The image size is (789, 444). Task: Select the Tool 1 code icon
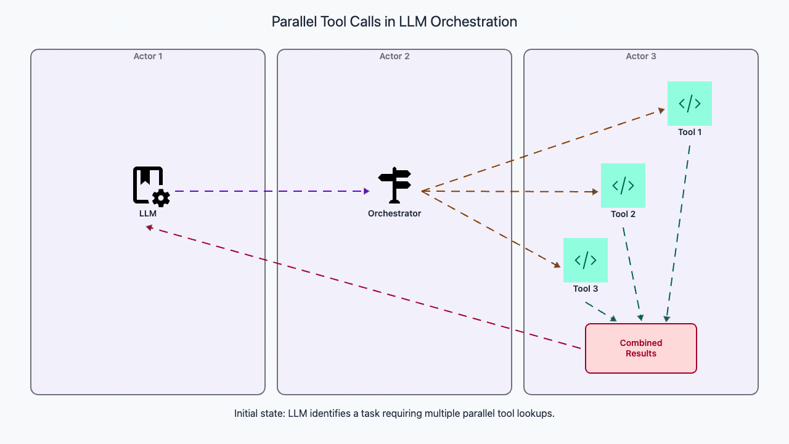point(690,104)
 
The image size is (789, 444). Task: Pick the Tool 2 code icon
point(623,186)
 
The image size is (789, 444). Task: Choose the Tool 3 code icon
point(586,260)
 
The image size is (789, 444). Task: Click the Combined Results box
point(640,348)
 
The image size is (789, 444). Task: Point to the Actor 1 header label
point(148,56)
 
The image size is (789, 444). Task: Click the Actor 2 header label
point(394,56)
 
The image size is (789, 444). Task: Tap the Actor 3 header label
point(641,56)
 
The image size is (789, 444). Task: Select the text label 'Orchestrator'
point(394,213)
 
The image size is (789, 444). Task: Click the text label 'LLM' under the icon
point(148,213)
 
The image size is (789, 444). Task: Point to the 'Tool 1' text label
point(690,132)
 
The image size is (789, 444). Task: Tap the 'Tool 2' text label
point(623,214)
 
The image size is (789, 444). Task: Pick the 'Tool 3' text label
point(586,289)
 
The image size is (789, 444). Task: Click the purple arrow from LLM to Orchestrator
point(271,191)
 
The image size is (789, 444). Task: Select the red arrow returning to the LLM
point(364,288)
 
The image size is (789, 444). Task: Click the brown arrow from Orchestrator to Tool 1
point(542,151)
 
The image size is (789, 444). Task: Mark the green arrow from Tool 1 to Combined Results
point(678,234)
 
